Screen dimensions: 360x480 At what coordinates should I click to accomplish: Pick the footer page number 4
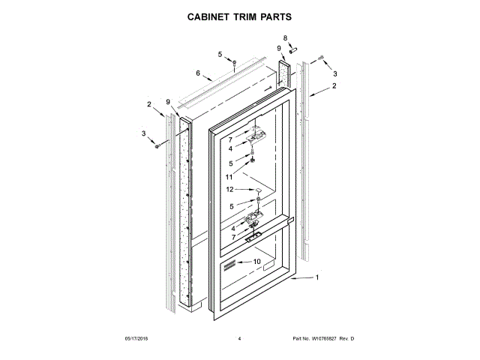[x=239, y=340]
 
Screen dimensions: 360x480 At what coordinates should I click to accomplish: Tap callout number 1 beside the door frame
[x=316, y=279]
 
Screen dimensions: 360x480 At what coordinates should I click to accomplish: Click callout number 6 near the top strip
[x=198, y=73]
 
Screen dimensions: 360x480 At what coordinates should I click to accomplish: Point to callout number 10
[x=256, y=262]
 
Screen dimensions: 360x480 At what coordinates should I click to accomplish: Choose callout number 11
[x=230, y=177]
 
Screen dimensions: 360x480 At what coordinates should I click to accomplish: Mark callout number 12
[x=230, y=190]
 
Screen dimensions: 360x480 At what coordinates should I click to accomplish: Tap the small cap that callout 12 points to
[x=258, y=192]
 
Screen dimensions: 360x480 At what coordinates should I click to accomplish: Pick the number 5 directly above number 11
[x=232, y=163]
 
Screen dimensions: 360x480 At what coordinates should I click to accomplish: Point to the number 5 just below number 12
[x=232, y=205]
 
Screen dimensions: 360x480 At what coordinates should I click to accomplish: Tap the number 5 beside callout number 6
[x=220, y=54]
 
